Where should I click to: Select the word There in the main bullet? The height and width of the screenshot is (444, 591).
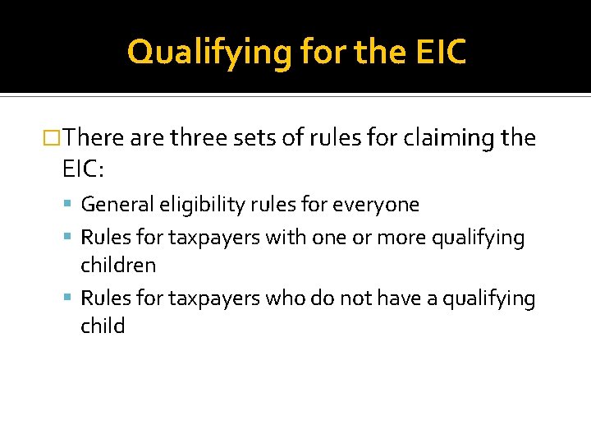tap(94, 137)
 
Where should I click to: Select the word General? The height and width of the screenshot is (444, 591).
tap(114, 204)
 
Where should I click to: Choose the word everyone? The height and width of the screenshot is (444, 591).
tap(382, 204)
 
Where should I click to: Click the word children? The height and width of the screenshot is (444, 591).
tap(118, 266)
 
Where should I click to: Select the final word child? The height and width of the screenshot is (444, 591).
tap(103, 326)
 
